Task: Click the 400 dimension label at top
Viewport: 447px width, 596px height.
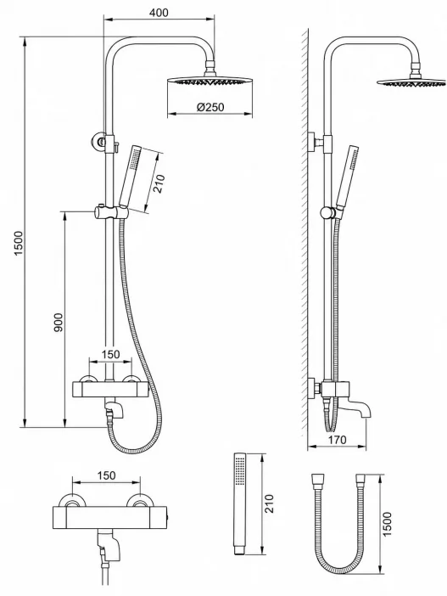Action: pos(159,13)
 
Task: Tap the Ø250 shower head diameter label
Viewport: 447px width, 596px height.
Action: pos(210,107)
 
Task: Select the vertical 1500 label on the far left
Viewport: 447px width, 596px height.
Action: pos(19,243)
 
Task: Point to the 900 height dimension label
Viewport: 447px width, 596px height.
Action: pos(59,323)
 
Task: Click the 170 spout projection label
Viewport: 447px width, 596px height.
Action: pos(337,440)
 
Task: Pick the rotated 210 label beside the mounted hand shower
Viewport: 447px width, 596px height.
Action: pos(159,183)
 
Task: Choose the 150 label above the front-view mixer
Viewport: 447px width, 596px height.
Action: pos(110,354)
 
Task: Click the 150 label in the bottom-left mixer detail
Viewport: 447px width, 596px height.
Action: pos(106,475)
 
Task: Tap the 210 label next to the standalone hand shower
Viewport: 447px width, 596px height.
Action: pos(269,503)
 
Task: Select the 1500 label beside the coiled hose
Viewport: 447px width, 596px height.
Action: pos(386,524)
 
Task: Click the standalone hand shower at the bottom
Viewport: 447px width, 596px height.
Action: pos(239,503)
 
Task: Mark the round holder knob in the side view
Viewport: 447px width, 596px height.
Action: pos(327,212)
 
